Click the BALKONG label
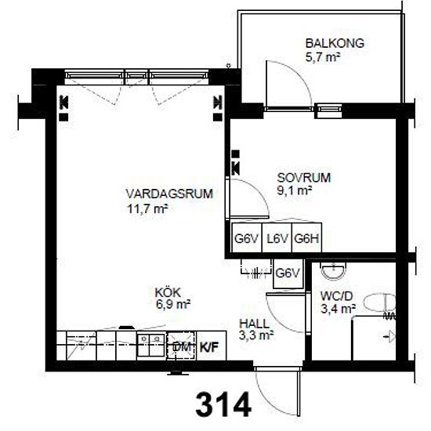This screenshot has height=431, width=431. point(335,43)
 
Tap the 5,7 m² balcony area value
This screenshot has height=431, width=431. point(323,58)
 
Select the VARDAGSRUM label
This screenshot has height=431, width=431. point(169,194)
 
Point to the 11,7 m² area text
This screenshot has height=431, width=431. point(147,209)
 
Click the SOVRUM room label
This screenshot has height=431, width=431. point(304,178)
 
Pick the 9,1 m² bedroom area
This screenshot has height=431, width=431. point(295,190)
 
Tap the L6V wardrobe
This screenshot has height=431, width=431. point(277,238)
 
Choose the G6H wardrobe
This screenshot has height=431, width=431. point(306,238)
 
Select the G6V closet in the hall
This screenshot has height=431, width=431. point(288,273)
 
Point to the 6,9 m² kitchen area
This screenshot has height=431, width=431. point(173,305)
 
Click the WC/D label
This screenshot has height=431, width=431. point(336,296)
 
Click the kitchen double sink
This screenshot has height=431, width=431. point(151,345)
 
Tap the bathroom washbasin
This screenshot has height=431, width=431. point(333,270)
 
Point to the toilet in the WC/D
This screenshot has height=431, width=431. point(380,302)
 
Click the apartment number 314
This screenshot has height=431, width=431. point(223,404)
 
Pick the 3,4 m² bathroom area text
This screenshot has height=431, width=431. point(338,309)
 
